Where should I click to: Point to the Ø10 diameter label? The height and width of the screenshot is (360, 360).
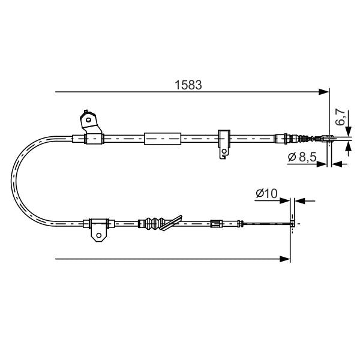pyautogui.click(x=265, y=193)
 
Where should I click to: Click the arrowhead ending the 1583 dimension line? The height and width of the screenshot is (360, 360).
pyautogui.click(x=324, y=92)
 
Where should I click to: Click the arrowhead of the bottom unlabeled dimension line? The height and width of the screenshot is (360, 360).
pyautogui.click(x=286, y=259)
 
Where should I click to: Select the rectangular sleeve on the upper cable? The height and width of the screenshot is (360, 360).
pyautogui.click(x=162, y=139)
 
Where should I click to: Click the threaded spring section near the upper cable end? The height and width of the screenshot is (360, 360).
pyautogui.click(x=305, y=139)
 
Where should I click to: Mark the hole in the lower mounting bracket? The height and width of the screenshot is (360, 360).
pyautogui.click(x=97, y=235)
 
